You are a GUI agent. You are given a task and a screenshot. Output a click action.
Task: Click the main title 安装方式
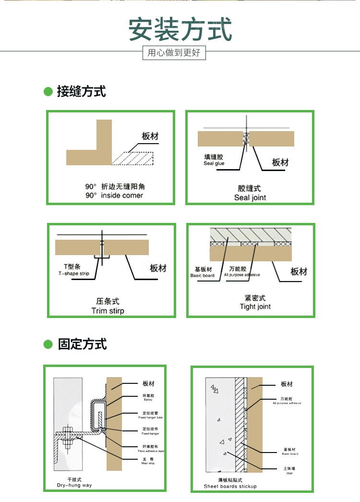click(x=180, y=30)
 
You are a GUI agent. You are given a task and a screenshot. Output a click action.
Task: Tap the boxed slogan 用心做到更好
click(x=174, y=53)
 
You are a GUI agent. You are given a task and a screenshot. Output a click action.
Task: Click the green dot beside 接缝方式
click(x=48, y=91)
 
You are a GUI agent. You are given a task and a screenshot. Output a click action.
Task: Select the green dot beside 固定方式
click(x=48, y=344)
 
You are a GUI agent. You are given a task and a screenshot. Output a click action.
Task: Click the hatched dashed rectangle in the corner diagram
click(x=133, y=159)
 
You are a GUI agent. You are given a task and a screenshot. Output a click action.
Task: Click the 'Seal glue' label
click(x=214, y=164)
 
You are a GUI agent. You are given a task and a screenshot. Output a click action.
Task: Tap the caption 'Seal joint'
click(x=250, y=197)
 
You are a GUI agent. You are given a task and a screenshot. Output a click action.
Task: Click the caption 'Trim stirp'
click(x=108, y=311)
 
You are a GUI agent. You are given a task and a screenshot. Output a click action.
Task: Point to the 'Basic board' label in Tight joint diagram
click(x=203, y=276)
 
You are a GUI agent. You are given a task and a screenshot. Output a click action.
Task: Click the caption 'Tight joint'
click(x=255, y=306)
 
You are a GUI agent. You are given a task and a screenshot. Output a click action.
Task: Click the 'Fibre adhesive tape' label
click(x=151, y=451)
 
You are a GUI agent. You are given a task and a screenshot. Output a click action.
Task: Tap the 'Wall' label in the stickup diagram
click(x=289, y=473)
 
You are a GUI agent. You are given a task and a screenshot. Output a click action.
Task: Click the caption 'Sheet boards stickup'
click(x=230, y=486)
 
